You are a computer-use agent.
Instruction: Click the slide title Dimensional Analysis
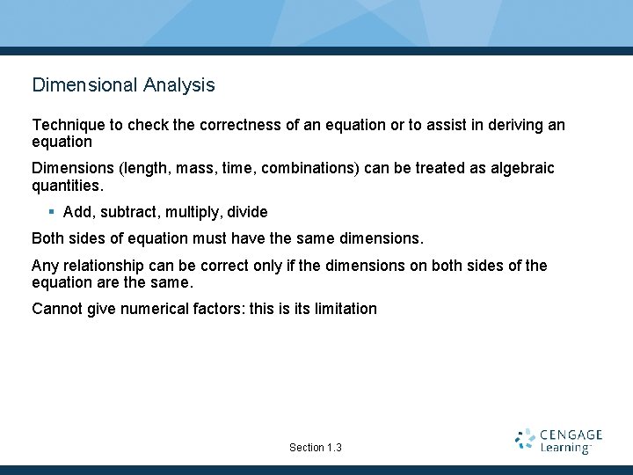pyautogui.click(x=123, y=85)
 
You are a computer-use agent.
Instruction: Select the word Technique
pyautogui.click(x=65, y=125)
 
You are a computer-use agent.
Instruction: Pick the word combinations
pyautogui.click(x=305, y=168)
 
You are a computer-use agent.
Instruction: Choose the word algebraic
pyautogui.click(x=522, y=168)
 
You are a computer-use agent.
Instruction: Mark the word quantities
pyautogui.click(x=67, y=185)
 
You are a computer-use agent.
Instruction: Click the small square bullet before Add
pyautogui.click(x=52, y=211)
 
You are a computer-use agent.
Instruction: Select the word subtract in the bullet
pyautogui.click(x=125, y=212)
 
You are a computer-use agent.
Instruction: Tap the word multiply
pyautogui.click(x=192, y=212)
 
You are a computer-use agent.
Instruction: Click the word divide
pyautogui.click(x=247, y=212)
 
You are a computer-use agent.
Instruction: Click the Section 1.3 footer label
pyautogui.click(x=316, y=448)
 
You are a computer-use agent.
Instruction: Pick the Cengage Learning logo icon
pyautogui.click(x=525, y=440)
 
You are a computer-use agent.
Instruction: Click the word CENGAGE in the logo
pyautogui.click(x=571, y=435)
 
